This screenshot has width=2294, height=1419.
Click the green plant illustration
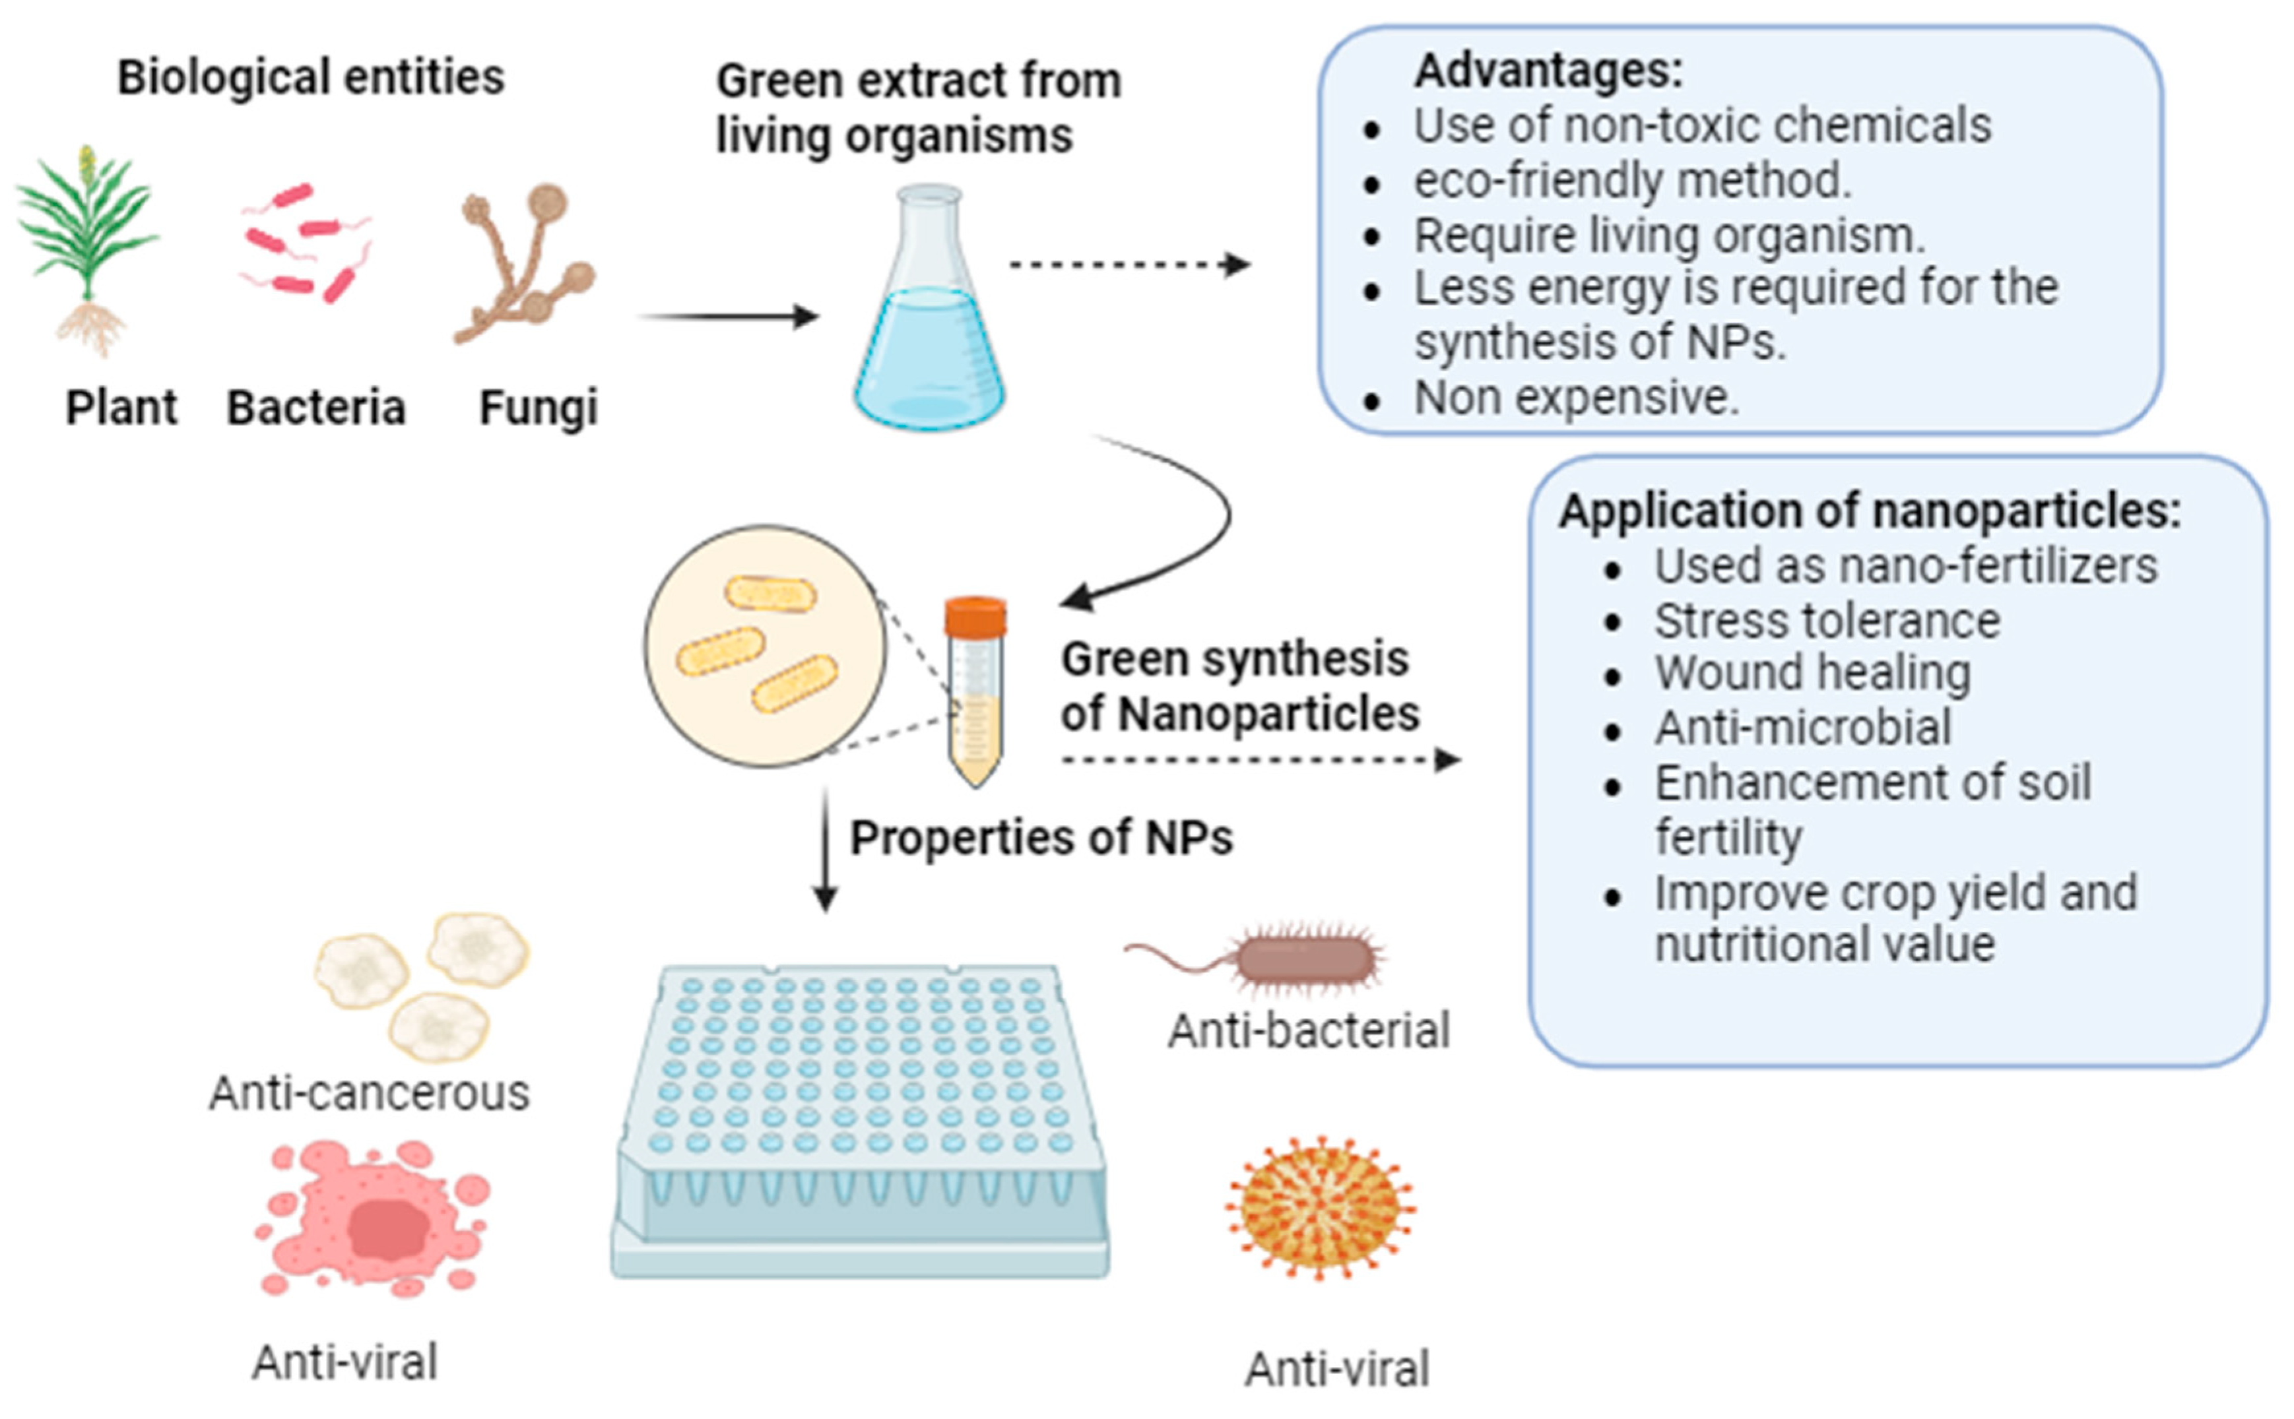coord(87,244)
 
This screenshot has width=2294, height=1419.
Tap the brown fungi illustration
coord(525,263)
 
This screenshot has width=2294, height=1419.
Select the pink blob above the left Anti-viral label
coord(376,1220)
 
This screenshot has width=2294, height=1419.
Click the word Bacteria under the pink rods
coord(316,408)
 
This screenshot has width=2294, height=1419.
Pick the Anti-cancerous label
coord(369,1093)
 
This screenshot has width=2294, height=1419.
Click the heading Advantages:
coord(1549,71)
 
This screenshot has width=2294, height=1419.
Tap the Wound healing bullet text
coord(1812,674)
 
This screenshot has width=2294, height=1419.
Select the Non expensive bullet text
coord(1577,398)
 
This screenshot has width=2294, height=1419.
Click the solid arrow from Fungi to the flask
coord(727,316)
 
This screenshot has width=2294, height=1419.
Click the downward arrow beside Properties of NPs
coord(825,849)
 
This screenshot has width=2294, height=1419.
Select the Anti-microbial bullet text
coord(1802,728)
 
